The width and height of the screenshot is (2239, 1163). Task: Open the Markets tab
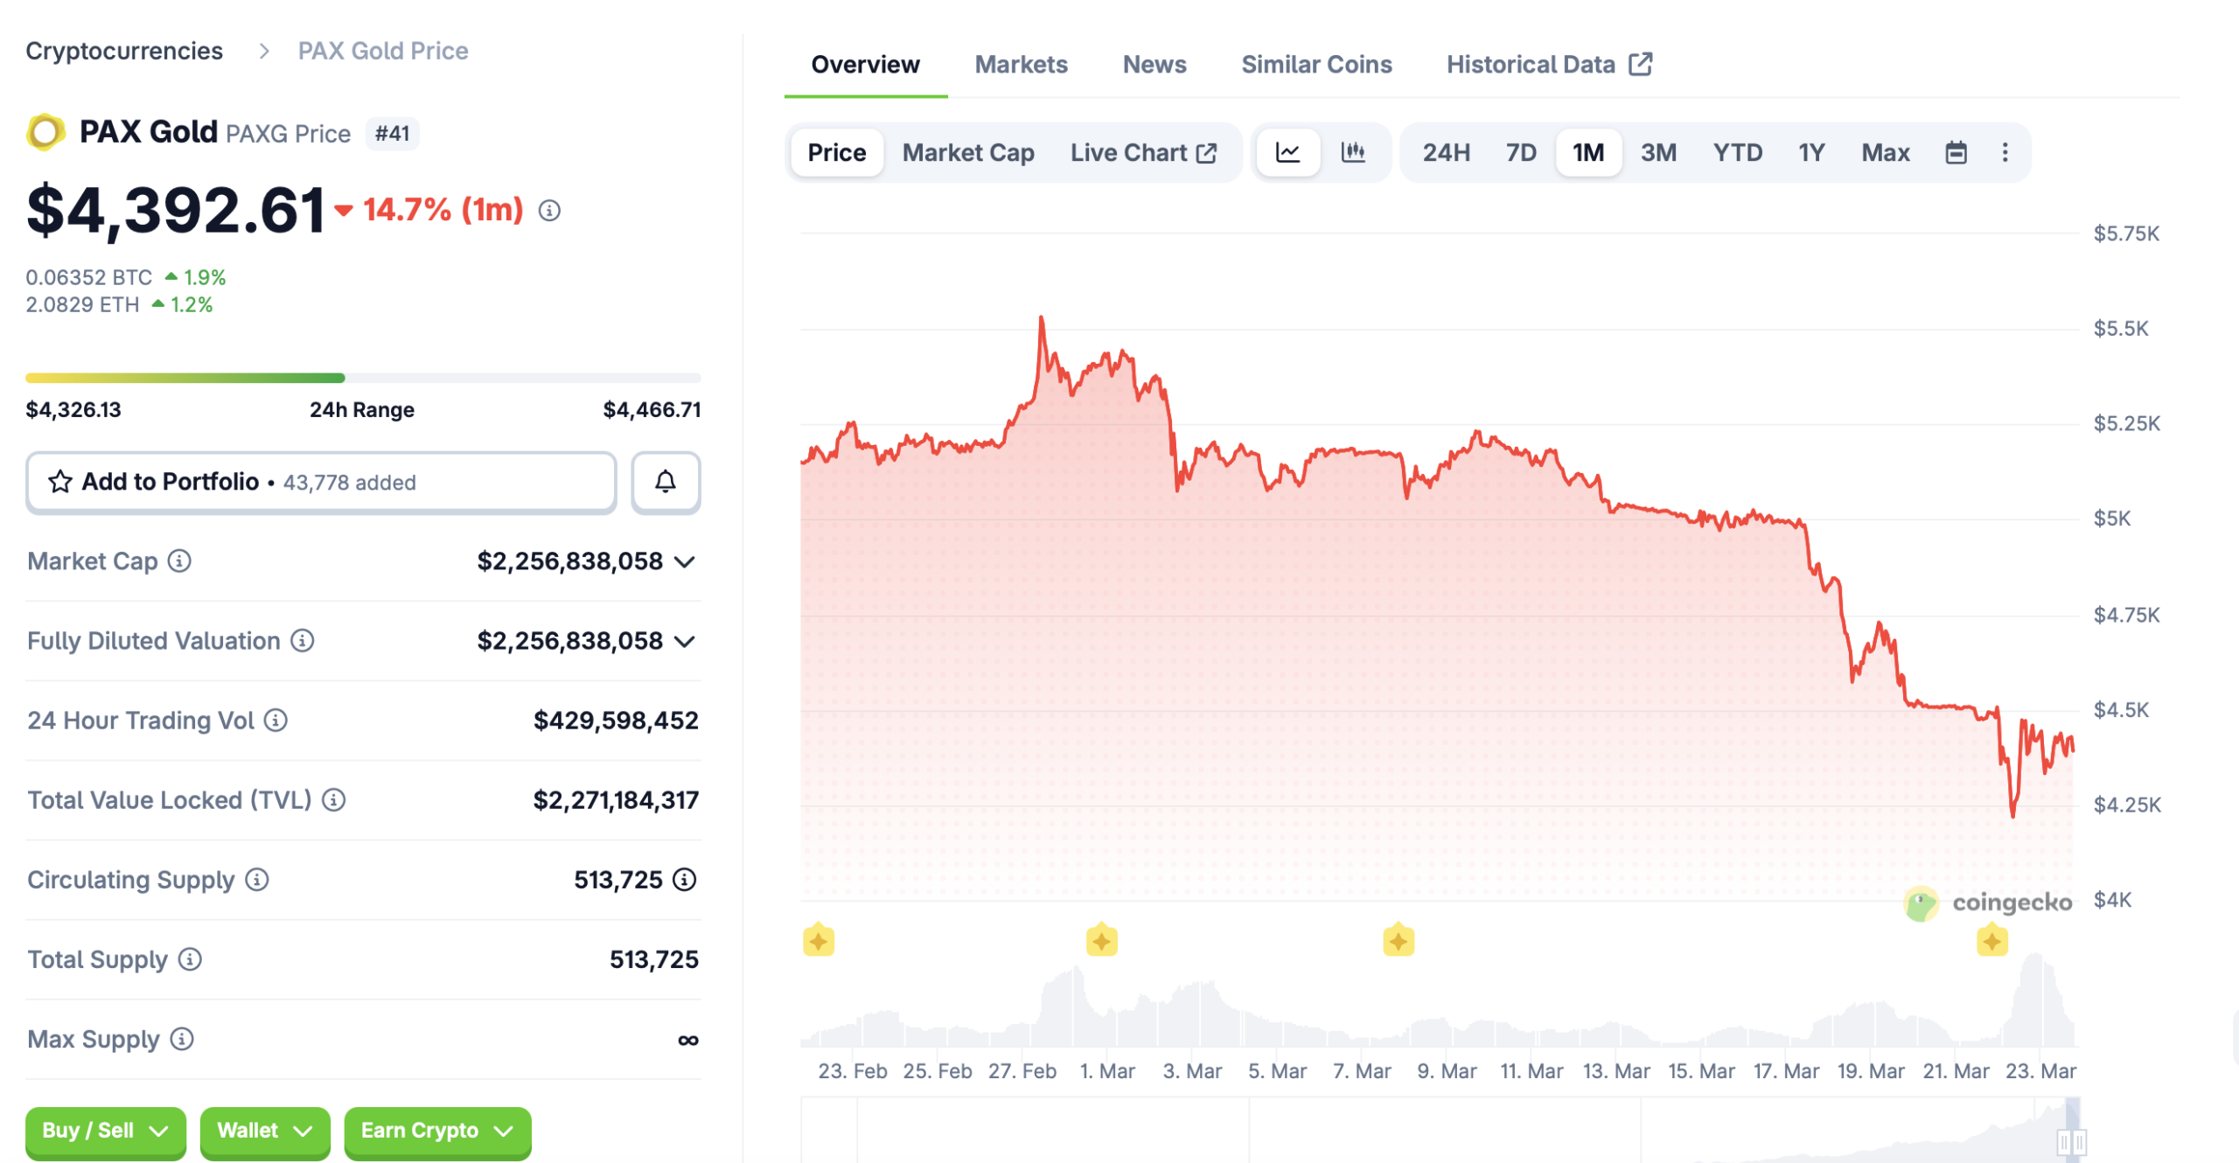pos(1021,65)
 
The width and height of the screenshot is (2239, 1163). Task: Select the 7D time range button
pos(1520,153)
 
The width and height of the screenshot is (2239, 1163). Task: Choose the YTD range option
pos(1736,153)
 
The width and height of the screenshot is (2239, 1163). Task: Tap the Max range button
pos(1885,153)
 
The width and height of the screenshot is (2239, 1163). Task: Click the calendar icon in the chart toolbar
pos(1956,153)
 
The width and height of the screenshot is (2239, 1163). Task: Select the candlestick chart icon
pos(1352,153)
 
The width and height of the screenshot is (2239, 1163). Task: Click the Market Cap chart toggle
pos(967,153)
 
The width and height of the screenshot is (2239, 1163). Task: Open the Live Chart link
pos(1142,153)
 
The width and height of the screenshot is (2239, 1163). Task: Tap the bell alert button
pos(665,482)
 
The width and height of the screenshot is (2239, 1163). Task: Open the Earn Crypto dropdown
pos(436,1131)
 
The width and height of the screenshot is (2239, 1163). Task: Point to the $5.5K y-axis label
pos(2120,329)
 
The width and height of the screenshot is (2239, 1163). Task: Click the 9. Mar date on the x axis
pos(1446,1071)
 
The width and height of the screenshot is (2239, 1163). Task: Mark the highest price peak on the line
pos(1041,318)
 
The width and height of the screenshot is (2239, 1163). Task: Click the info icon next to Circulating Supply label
pos(256,880)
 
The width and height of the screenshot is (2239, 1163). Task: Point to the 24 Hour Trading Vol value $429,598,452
pos(616,721)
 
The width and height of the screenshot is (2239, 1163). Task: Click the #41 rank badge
pos(392,134)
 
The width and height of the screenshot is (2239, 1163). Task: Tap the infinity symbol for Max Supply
pos(687,1040)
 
